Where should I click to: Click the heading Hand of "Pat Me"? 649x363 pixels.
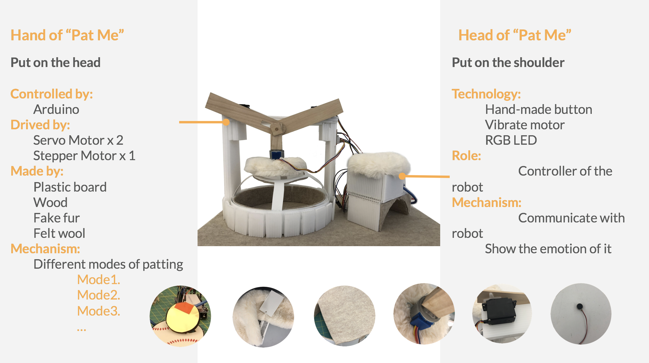(x=67, y=35)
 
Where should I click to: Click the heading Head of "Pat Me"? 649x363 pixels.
(x=515, y=35)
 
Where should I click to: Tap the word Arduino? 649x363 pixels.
(x=56, y=109)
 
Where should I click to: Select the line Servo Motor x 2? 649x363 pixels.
(x=78, y=140)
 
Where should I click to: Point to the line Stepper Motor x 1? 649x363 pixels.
(x=84, y=156)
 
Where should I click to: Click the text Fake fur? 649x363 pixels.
(x=56, y=218)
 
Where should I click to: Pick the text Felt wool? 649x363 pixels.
(x=59, y=233)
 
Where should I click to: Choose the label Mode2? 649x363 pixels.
(x=98, y=295)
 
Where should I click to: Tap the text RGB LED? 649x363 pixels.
(x=511, y=140)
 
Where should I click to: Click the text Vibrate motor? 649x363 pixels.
(x=525, y=125)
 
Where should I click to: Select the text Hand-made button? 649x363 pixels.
(x=538, y=109)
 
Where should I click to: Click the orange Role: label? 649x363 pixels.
(x=466, y=156)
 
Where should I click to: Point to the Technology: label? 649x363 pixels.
(x=486, y=94)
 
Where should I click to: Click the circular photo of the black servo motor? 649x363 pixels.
(x=502, y=314)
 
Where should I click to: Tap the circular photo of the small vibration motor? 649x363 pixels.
(x=581, y=314)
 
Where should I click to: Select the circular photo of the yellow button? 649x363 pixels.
(x=180, y=316)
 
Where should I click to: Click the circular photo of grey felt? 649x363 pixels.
(x=345, y=316)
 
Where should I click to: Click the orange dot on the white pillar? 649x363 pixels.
(x=226, y=122)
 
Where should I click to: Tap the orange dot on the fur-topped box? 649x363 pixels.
(x=402, y=176)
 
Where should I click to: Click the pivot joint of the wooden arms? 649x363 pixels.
(x=276, y=129)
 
